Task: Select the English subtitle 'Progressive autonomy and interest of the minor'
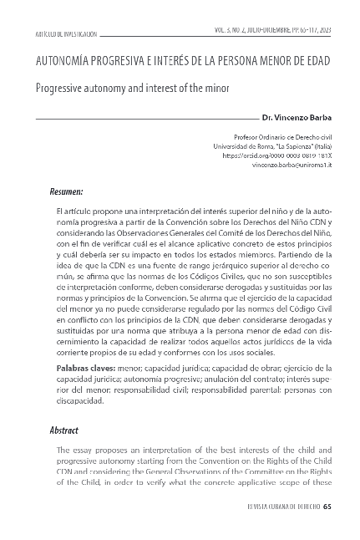(131, 86)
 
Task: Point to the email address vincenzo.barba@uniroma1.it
(292, 166)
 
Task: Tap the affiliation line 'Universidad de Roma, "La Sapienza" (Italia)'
(272, 145)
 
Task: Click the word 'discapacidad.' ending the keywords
(79, 400)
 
